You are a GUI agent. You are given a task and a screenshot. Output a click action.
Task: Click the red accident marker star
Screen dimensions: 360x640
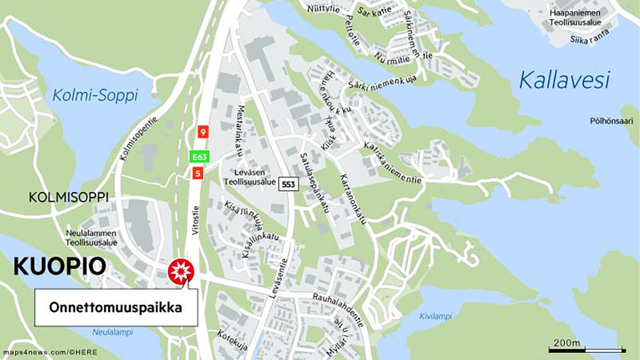[x=181, y=272]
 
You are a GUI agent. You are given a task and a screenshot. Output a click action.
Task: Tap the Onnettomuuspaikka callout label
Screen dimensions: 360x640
[x=116, y=307]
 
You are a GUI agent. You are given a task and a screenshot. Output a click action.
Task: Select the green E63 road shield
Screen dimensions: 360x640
[x=198, y=157]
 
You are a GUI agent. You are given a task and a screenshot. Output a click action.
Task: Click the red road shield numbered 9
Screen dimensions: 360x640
[x=203, y=132]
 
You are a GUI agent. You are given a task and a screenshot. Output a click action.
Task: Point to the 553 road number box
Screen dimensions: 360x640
[x=289, y=183]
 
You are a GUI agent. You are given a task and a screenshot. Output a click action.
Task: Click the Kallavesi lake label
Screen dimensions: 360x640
[x=565, y=80]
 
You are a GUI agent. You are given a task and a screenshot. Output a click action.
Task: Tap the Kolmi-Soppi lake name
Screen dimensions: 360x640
[x=95, y=95]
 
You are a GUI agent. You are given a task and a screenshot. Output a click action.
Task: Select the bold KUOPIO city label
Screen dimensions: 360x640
[x=60, y=266]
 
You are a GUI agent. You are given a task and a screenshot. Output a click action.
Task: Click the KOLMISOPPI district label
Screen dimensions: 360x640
[x=69, y=197]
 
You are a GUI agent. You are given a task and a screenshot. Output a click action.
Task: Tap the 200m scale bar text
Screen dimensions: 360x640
[x=567, y=343]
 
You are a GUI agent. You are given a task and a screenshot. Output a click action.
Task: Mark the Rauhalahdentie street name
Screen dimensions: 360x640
[x=338, y=310]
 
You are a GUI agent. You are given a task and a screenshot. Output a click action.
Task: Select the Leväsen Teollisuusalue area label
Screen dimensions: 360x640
[x=250, y=177]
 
